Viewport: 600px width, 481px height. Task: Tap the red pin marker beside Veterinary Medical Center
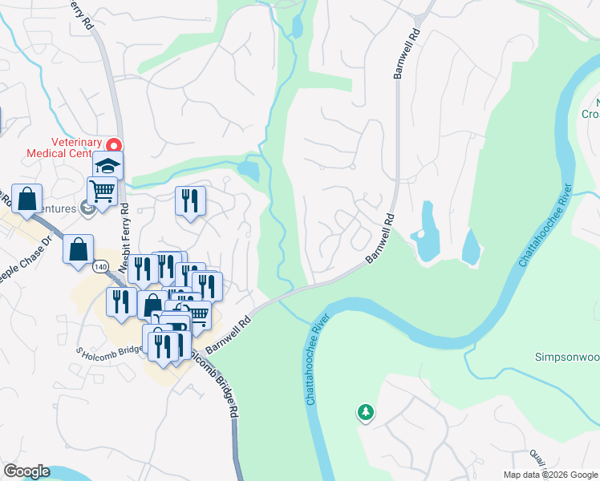pyautogui.click(x=114, y=146)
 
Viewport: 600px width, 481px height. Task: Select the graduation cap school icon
pyautogui.click(x=107, y=166)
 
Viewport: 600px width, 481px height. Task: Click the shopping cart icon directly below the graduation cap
pyautogui.click(x=103, y=192)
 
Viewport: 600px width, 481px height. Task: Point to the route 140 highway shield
pyautogui.click(x=99, y=266)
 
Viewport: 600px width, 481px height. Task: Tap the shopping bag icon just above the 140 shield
pyautogui.click(x=79, y=249)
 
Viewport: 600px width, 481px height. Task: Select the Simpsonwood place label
pyautogui.click(x=567, y=357)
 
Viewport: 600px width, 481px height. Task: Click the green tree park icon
pyautogui.click(x=366, y=413)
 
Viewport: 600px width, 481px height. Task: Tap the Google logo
pyautogui.click(x=26, y=471)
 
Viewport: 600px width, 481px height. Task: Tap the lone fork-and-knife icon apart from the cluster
pyautogui.click(x=190, y=201)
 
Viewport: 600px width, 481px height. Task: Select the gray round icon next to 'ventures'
pyautogui.click(x=87, y=209)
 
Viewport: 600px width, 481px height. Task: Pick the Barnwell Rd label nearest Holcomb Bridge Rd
pyautogui.click(x=229, y=334)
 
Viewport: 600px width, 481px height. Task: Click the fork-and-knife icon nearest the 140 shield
pyautogui.click(x=120, y=303)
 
